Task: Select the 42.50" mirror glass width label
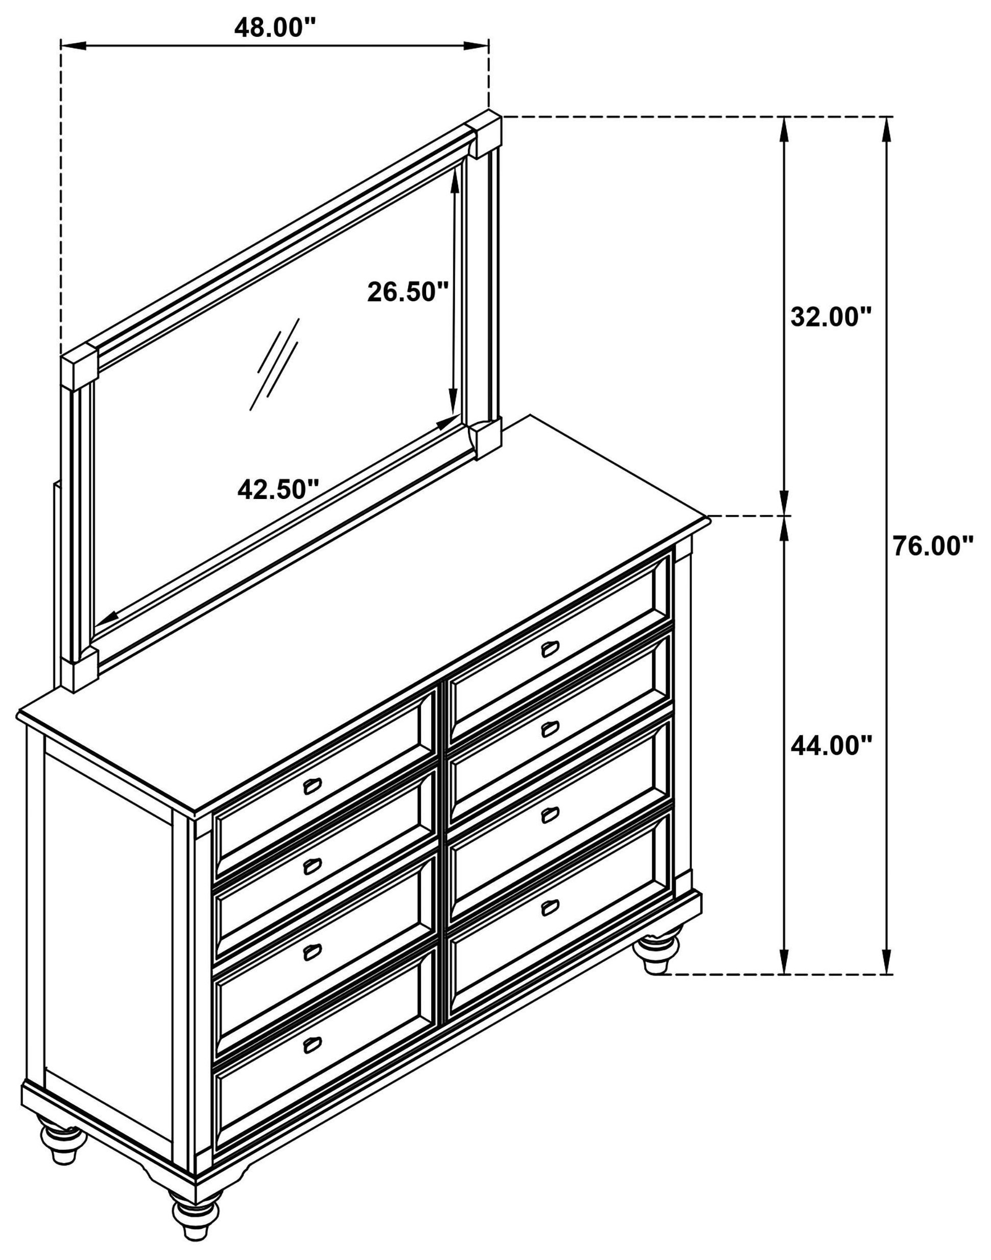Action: (x=278, y=490)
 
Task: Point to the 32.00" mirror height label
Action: (x=832, y=317)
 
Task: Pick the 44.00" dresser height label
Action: (x=832, y=746)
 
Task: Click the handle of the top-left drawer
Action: (x=313, y=786)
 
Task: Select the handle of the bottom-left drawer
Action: (x=313, y=1043)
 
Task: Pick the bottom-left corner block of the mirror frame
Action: (x=81, y=671)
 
